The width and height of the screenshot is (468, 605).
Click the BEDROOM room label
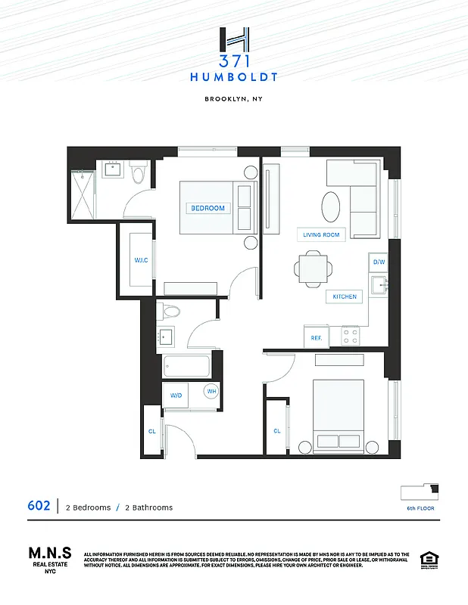pos(207,208)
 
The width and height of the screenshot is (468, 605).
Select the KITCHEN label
pos(345,296)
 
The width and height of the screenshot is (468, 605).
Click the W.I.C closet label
pos(141,261)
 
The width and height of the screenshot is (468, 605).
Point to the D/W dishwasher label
pos(379,262)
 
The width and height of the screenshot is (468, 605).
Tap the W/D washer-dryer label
pos(176,395)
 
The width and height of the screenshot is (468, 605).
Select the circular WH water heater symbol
pos(212,392)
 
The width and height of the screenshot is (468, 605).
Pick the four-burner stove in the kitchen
pos(350,336)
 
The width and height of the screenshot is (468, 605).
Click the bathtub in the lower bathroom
pos(187,368)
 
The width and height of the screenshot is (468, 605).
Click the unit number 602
pos(39,506)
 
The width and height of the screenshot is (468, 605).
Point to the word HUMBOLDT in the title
pos(234,76)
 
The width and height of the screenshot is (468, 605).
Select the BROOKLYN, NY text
pos(234,99)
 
